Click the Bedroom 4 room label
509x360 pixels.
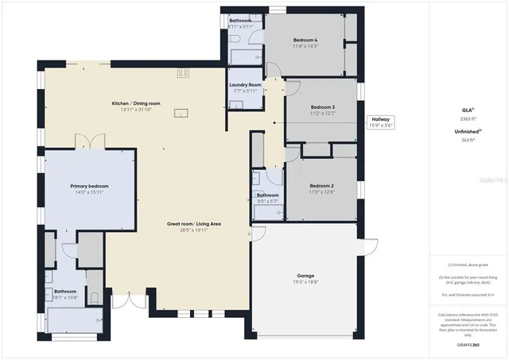point(305,40)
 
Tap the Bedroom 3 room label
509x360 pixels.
point(322,106)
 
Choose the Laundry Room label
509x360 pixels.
point(244,84)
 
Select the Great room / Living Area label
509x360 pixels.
point(194,224)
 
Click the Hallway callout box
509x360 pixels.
point(379,122)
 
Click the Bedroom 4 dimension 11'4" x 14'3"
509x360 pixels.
point(305,46)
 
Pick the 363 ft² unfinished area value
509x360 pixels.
point(467,140)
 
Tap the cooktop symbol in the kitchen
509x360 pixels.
point(183,72)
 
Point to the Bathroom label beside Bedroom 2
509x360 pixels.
point(267,195)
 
